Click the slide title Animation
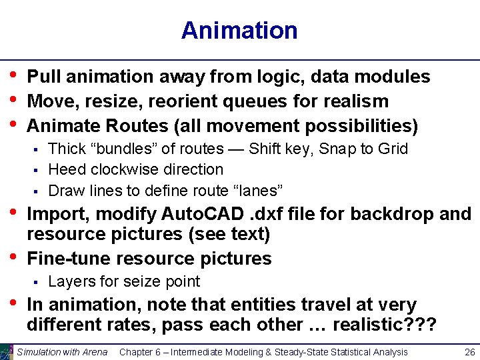coord(239,31)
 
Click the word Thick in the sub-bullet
coord(66,149)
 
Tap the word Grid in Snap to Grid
coord(393,149)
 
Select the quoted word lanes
coord(262,191)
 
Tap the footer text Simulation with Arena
coord(62,352)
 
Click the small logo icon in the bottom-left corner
coord(7,351)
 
